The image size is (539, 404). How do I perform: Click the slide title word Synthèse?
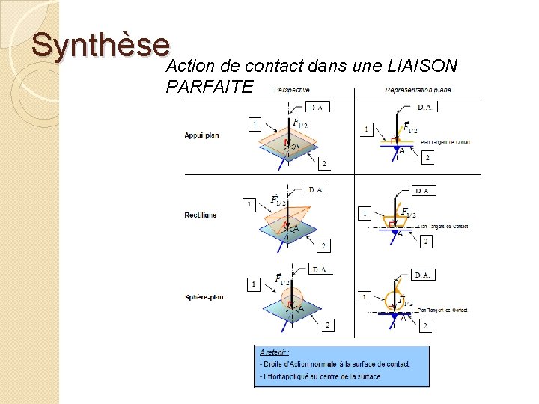coord(100,46)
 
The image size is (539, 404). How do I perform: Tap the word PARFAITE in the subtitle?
coord(210,87)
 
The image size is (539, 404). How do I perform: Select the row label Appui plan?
coord(201,135)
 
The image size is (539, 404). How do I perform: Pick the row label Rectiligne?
coord(201,215)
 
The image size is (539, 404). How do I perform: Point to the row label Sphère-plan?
coord(204,297)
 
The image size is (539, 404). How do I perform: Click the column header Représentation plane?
coord(418,91)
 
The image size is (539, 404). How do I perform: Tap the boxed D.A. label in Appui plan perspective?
coord(317,107)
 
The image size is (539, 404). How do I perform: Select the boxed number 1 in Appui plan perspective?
coord(255,123)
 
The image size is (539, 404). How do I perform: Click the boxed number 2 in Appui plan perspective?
coord(323,163)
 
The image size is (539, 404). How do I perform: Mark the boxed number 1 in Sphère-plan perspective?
coord(254,284)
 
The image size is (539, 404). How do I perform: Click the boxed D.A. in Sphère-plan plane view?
coord(423,275)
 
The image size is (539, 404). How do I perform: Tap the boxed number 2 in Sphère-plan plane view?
coord(425,325)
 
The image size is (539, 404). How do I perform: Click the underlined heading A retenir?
coord(275,352)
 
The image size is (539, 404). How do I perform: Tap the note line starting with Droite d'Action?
coord(335,364)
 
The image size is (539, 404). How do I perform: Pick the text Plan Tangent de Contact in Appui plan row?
coord(445,141)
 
